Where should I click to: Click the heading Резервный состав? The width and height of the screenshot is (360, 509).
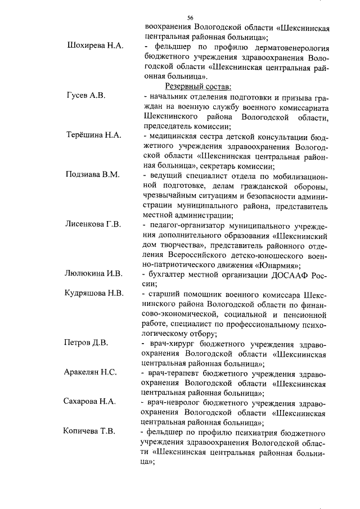click(x=196, y=86)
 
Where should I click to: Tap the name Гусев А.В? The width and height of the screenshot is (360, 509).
click(x=85, y=96)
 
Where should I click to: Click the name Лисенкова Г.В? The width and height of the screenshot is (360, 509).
click(x=94, y=225)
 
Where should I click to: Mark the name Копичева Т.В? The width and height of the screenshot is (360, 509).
click(x=91, y=431)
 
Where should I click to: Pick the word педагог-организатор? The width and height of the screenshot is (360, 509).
click(x=184, y=226)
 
